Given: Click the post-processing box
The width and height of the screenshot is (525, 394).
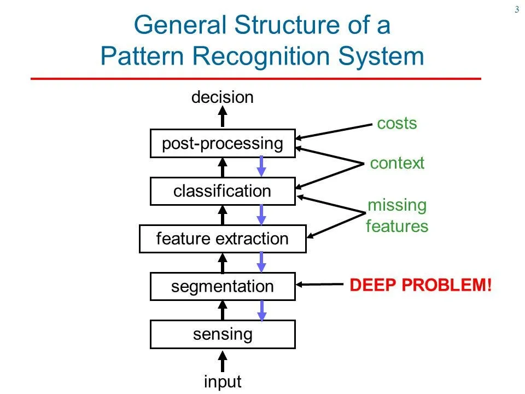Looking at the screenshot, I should (x=223, y=143).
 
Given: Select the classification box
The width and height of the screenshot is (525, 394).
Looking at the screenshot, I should (x=223, y=191).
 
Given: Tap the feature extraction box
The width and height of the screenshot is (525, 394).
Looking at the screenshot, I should (x=223, y=239).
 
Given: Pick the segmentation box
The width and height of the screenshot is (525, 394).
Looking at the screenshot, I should (x=223, y=286).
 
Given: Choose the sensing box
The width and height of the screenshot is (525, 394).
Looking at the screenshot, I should (x=223, y=334).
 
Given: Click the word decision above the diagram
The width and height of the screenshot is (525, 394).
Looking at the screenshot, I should (x=223, y=97).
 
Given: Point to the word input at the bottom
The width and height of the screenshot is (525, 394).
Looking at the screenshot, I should (x=223, y=381).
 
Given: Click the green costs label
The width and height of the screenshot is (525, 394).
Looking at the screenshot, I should (x=397, y=124).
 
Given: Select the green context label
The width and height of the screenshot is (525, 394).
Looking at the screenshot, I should (x=397, y=163).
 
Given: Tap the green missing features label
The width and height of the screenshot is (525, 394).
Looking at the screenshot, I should (x=397, y=216).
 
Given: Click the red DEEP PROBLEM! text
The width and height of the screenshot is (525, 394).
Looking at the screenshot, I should (x=421, y=285).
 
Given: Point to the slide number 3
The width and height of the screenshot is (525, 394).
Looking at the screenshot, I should (x=516, y=9).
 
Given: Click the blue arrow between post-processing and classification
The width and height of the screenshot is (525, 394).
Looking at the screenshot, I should (x=261, y=166).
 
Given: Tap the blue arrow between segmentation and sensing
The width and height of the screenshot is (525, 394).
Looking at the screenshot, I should (x=261, y=310).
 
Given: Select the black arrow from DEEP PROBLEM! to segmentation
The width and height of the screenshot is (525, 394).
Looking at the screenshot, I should (x=320, y=284).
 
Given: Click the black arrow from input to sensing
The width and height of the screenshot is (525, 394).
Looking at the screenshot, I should (x=223, y=361).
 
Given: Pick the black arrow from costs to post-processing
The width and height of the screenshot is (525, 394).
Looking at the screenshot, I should (x=334, y=131).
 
